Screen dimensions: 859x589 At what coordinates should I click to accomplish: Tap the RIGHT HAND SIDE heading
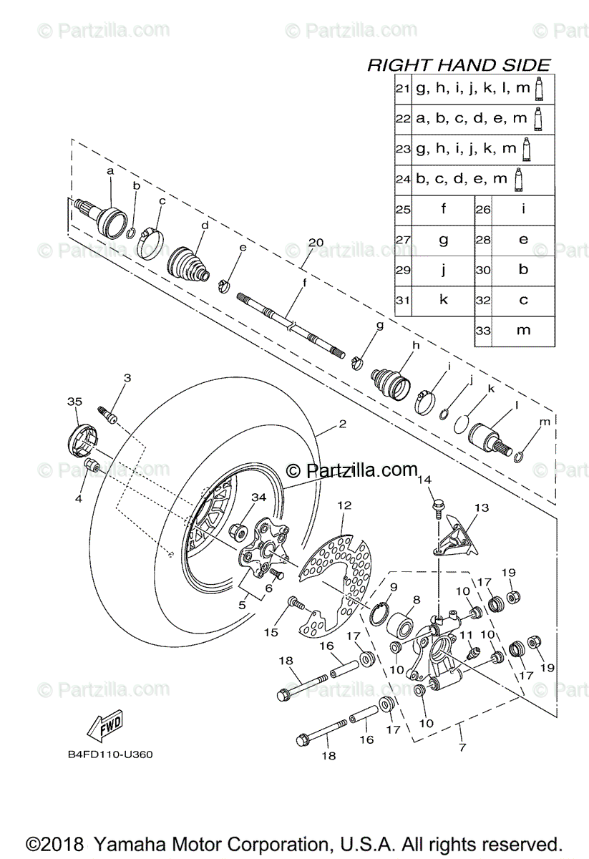point(459,65)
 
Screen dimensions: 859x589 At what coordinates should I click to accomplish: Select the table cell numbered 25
point(402,209)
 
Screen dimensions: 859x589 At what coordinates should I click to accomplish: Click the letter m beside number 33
point(523,329)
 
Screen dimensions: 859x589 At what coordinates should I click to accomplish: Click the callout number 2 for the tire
point(342,424)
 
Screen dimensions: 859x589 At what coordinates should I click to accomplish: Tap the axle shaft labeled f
point(293,317)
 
